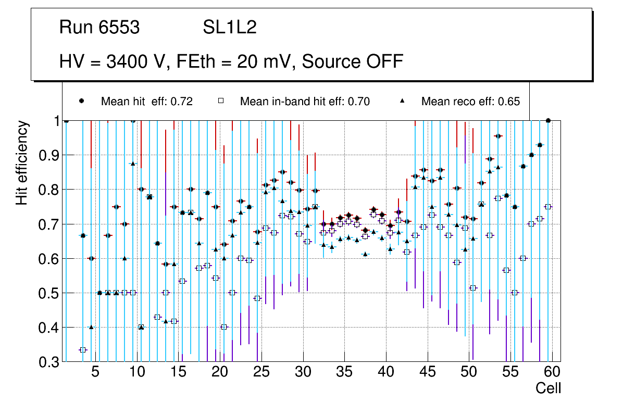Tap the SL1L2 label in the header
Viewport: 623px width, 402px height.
[229, 28]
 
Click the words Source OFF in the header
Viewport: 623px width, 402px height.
[352, 61]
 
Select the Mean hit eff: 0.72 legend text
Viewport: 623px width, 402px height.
[147, 102]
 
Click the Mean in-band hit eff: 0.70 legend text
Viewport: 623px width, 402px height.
[305, 102]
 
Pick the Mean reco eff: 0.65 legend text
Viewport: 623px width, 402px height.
[470, 102]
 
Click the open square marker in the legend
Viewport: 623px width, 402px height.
[220, 101]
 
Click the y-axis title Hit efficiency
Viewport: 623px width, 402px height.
[22, 162]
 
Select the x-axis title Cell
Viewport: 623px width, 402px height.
[548, 388]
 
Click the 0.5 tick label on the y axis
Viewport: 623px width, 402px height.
[49, 293]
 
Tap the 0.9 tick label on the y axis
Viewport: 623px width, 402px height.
[49, 155]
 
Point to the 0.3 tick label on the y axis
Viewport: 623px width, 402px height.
[49, 362]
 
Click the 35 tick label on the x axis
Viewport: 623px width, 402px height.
[344, 373]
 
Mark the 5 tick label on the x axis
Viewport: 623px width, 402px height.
[95, 373]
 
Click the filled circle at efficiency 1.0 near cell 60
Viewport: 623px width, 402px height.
[548, 120]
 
